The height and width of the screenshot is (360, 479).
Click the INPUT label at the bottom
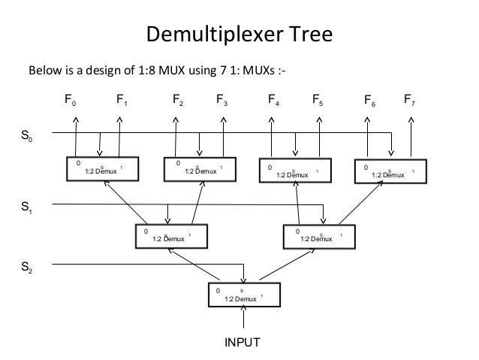tap(242, 343)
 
